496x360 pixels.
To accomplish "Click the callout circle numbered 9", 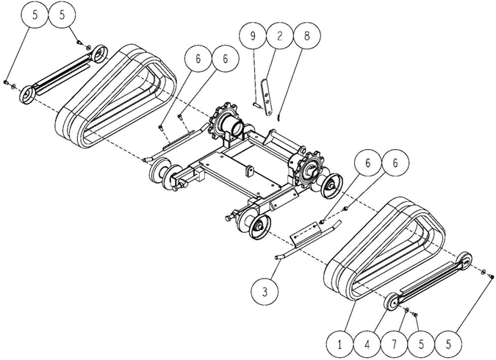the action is pos(253,35).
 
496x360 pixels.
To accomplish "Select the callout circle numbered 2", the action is pos(280,35).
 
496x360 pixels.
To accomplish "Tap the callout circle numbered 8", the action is pos(307,35).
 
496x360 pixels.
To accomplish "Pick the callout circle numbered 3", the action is pos(265,292).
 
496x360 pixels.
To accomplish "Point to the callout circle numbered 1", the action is pos(339,344).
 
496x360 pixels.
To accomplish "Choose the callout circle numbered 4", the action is pos(367,344).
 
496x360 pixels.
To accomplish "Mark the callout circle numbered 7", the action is pos(394,344).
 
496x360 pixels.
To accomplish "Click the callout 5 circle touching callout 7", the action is pos(421,344).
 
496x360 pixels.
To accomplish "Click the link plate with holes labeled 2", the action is pos(267,98).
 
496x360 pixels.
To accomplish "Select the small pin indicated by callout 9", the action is pos(256,105).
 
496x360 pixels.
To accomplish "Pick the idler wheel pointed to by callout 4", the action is pos(392,303).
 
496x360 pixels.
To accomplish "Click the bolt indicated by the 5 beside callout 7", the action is pos(415,314).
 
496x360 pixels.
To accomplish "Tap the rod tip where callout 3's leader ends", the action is pos(278,257).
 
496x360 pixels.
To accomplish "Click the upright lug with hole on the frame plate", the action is pos(251,170).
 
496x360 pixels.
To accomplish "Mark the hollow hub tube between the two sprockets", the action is pos(234,126).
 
